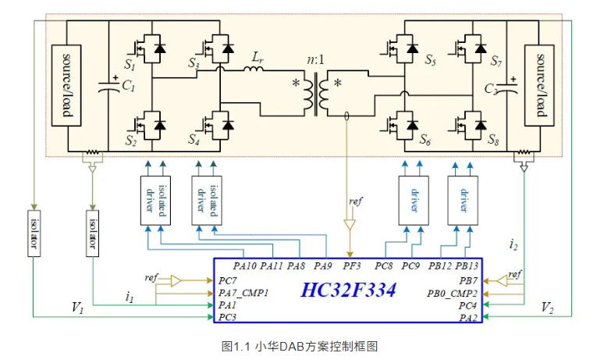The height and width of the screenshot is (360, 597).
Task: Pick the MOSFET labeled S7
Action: [471, 48]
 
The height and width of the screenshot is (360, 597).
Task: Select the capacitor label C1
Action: [127, 88]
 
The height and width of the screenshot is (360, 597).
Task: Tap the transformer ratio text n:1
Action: [316, 57]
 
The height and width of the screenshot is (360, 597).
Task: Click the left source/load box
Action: [66, 86]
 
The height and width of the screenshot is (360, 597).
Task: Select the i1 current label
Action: [130, 297]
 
